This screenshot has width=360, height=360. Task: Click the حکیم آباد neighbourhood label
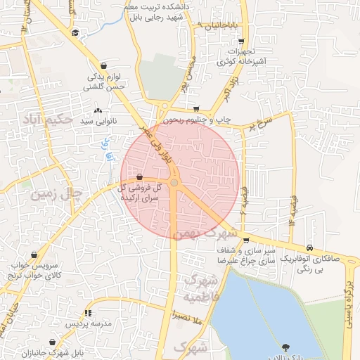(48, 120)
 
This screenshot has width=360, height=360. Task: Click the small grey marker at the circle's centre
(174, 183)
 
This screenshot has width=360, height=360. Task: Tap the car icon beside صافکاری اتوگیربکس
(310, 248)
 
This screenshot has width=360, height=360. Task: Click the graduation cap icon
(75, 32)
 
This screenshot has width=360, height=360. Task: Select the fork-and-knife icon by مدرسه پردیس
(88, 313)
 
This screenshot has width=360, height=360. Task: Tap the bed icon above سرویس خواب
(15, 265)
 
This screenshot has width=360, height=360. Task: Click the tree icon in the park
(285, 347)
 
